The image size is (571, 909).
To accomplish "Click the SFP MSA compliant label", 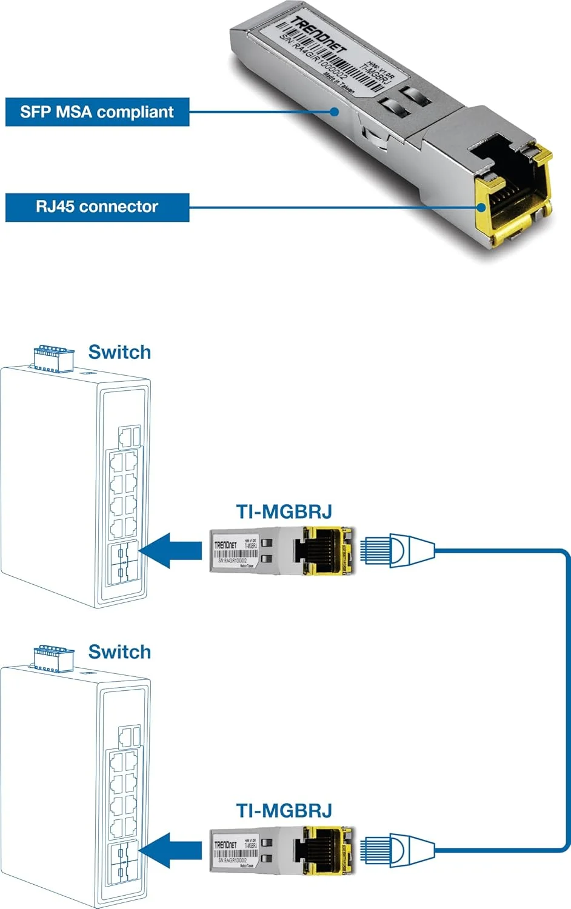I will tap(97, 112).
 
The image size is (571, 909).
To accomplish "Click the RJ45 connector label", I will tap(97, 207).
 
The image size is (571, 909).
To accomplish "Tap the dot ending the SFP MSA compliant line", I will tap(334, 112).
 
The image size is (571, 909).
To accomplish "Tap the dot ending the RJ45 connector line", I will tap(481, 207).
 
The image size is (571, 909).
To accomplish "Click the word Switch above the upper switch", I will tap(119, 352).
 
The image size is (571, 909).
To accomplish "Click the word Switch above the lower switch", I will tap(119, 651).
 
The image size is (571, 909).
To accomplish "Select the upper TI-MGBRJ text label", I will tap(284, 511).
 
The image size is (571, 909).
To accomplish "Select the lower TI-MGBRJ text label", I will tap(284, 811).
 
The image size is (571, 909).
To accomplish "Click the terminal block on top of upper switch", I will tap(54, 358).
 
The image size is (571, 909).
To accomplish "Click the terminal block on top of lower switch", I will tap(54, 658).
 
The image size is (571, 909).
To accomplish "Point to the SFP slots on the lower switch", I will tap(123, 863).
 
